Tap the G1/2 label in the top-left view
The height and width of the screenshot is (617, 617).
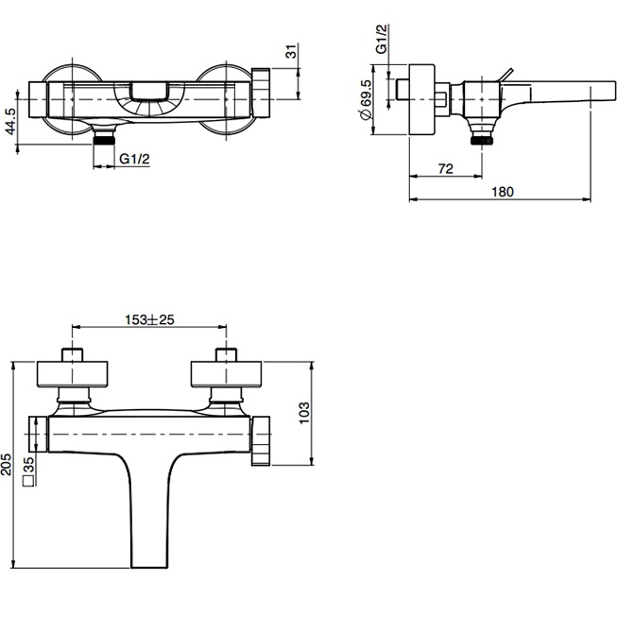135,160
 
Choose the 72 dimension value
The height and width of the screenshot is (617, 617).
445,169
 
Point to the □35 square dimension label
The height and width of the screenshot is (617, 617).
29,470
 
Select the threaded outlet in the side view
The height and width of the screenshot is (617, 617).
486,137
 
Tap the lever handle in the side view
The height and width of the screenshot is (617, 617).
506,76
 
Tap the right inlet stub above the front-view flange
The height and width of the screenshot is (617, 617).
226,355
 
